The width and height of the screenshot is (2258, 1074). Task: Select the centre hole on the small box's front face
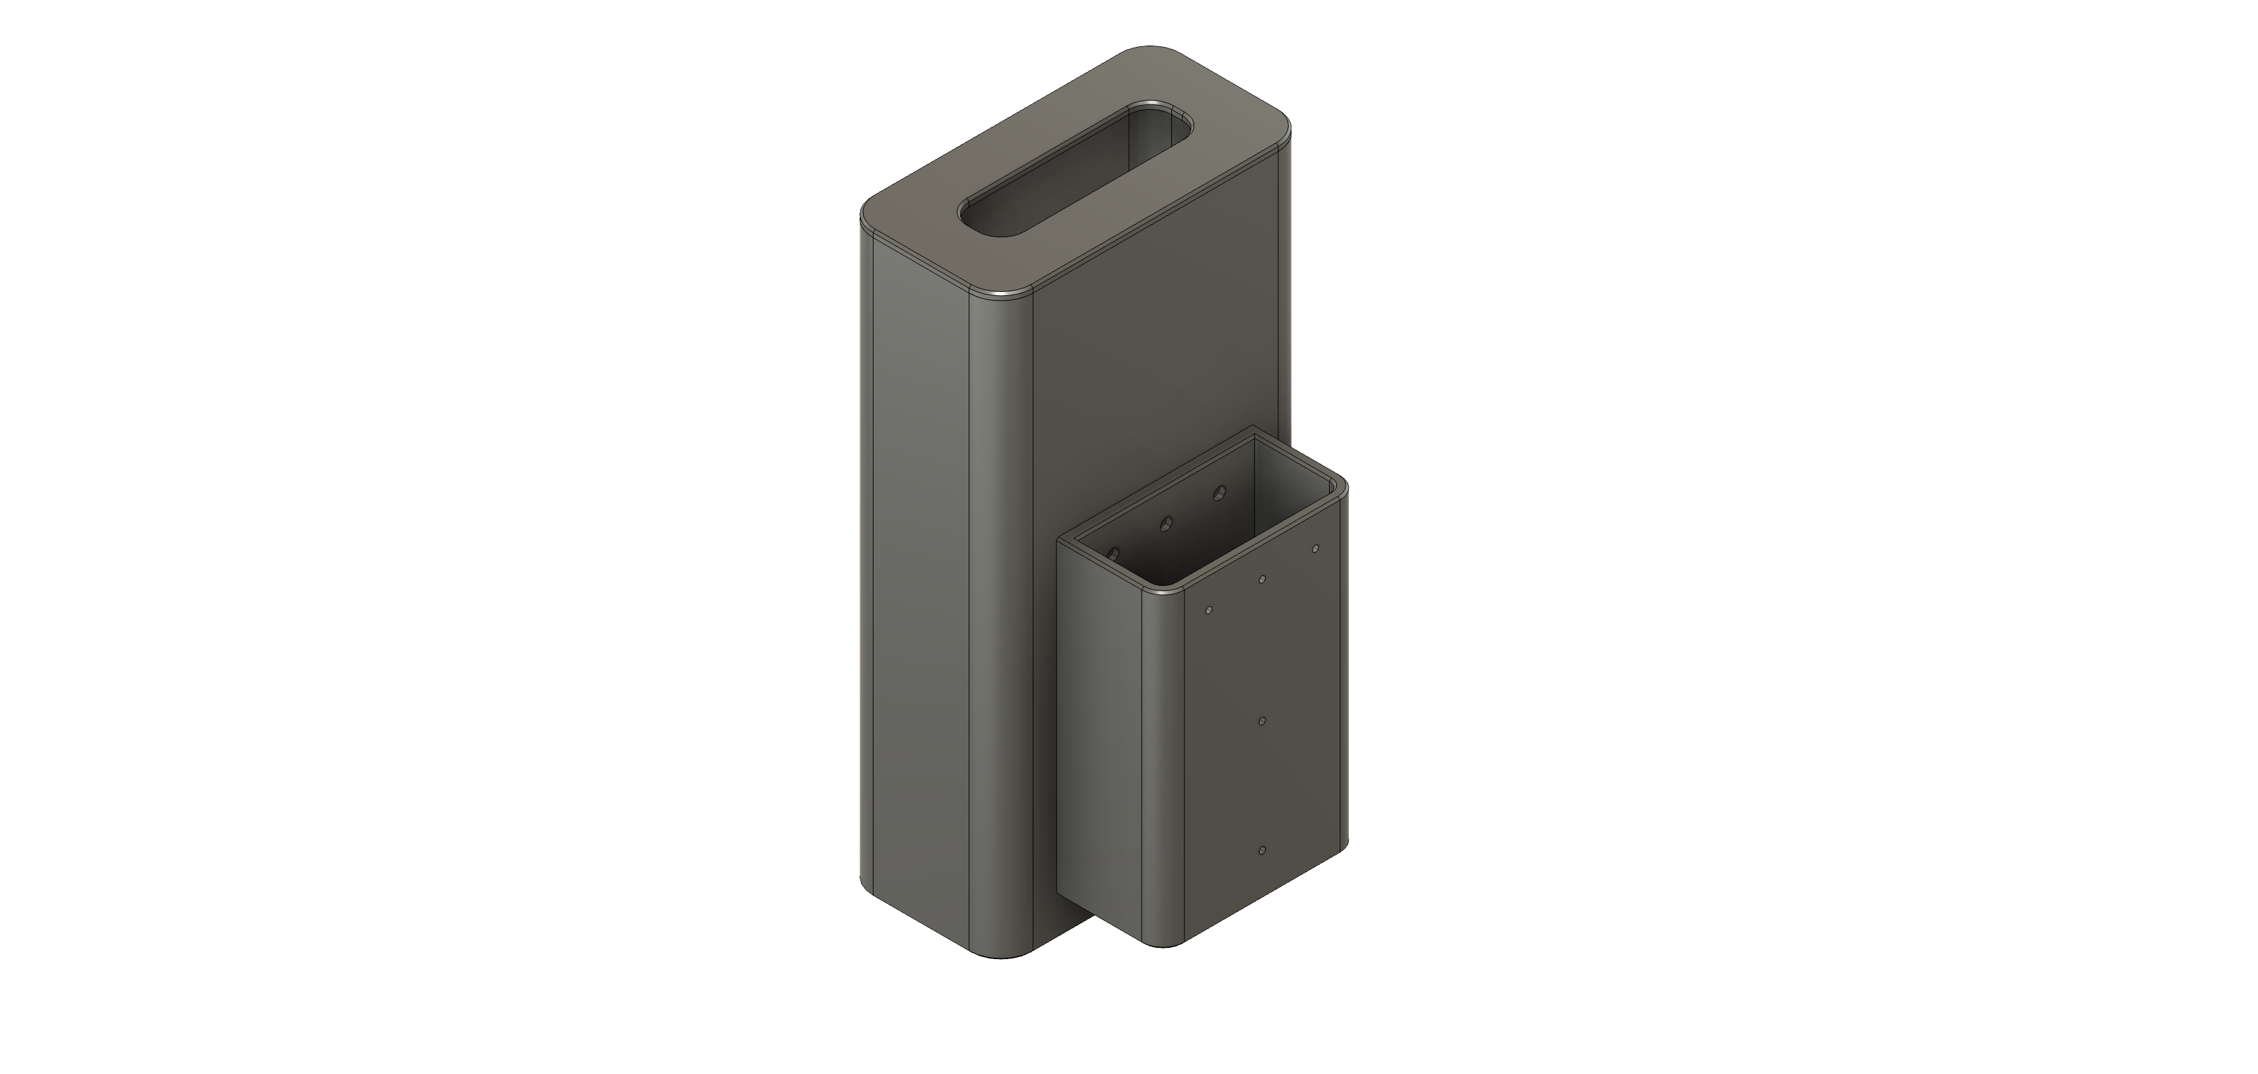pyautogui.click(x=1261, y=721)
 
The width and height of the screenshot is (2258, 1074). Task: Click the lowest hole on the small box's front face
pyautogui.click(x=1261, y=851)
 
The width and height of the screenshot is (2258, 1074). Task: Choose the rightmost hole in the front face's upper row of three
pyautogui.click(x=1315, y=549)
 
